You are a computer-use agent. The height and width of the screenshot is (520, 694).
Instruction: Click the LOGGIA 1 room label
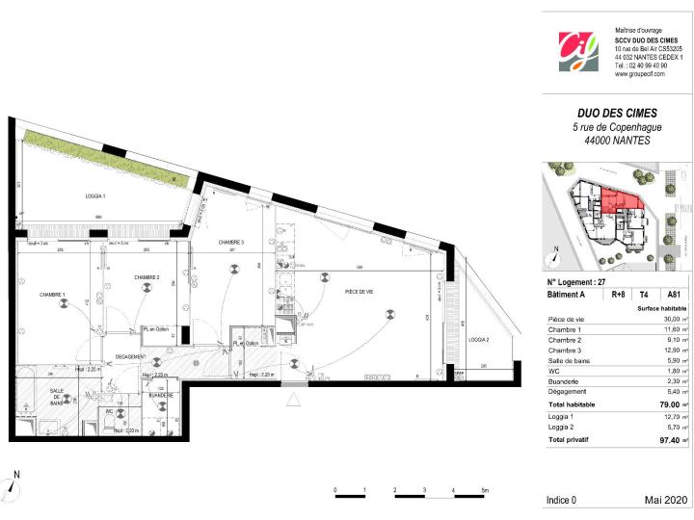point(92,196)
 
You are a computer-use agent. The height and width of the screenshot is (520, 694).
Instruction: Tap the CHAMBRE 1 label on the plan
point(52,295)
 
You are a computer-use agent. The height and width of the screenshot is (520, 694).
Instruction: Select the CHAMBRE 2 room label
point(147,277)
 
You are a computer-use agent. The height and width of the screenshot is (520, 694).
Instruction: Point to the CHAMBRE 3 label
point(230,243)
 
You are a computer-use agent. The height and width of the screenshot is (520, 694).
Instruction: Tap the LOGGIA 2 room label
point(479,340)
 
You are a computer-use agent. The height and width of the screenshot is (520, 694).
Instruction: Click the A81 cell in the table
point(673,296)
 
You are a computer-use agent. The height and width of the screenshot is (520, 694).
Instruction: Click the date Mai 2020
point(665,500)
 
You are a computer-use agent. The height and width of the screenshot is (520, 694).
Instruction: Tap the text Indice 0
point(561,500)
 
